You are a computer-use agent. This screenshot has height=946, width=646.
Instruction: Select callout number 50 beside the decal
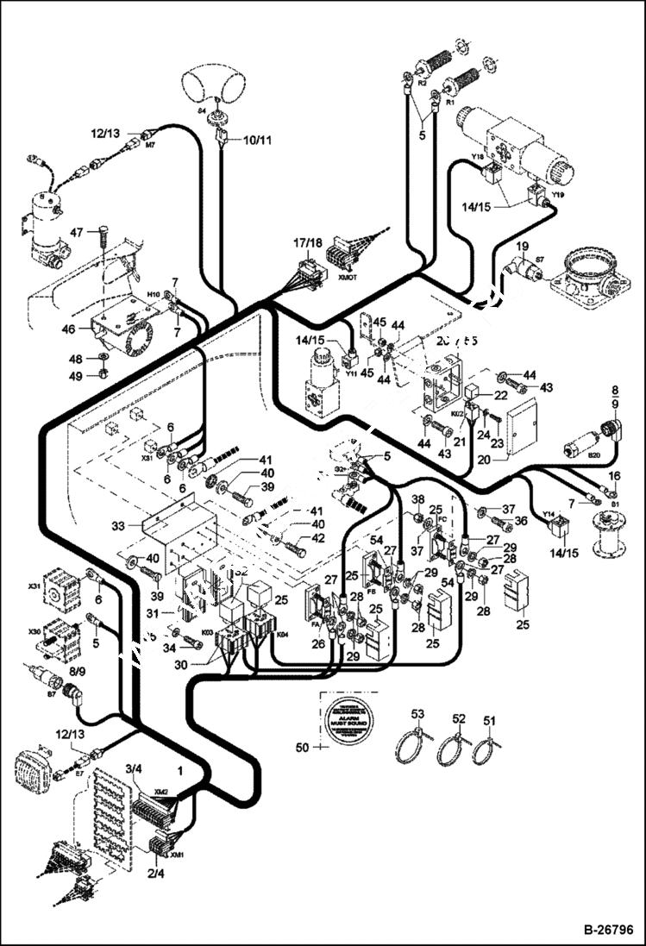302,746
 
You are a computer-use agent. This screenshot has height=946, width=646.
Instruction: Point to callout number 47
76,232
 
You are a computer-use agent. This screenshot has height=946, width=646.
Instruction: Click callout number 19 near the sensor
522,247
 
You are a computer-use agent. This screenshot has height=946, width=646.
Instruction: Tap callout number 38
417,500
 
